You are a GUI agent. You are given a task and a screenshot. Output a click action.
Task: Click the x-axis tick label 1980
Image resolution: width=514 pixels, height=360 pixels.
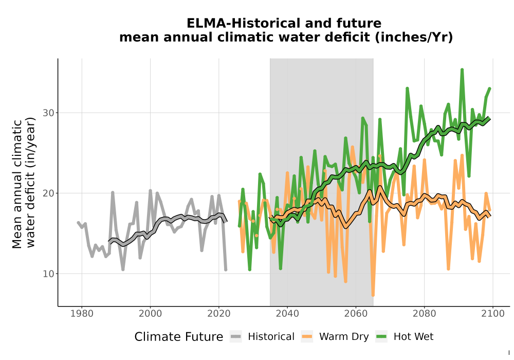(82, 314)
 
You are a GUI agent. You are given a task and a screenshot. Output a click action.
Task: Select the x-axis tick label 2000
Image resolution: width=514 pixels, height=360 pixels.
(150, 314)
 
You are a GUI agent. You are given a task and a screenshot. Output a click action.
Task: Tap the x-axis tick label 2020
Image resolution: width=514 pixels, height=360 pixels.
(218, 314)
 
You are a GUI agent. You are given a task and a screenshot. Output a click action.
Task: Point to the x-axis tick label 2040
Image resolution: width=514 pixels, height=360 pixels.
(287, 314)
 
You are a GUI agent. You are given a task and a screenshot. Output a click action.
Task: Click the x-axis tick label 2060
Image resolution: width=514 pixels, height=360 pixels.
(356, 314)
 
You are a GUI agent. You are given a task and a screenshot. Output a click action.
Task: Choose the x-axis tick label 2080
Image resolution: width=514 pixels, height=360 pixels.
(424, 314)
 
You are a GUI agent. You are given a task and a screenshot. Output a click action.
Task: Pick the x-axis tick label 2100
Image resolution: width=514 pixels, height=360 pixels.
(493, 314)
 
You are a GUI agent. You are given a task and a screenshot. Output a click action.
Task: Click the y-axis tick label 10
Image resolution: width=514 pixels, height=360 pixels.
(48, 274)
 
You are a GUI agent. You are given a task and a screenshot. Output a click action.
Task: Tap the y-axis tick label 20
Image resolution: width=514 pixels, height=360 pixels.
(48, 193)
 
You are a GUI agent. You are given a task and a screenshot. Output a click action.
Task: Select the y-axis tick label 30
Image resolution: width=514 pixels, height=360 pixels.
(48, 113)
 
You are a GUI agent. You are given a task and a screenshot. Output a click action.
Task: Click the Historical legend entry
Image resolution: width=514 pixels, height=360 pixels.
(262, 337)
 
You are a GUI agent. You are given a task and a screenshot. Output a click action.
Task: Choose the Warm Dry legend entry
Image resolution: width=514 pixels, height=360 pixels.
(335, 337)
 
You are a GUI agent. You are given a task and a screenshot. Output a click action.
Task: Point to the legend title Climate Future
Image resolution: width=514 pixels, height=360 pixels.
(179, 337)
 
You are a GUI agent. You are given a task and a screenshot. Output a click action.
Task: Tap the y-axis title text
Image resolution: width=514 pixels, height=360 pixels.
(24, 184)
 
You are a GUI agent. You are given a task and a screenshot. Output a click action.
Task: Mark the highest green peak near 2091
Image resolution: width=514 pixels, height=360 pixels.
(462, 70)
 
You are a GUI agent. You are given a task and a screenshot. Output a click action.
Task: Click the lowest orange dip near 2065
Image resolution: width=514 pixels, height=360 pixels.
(373, 294)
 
